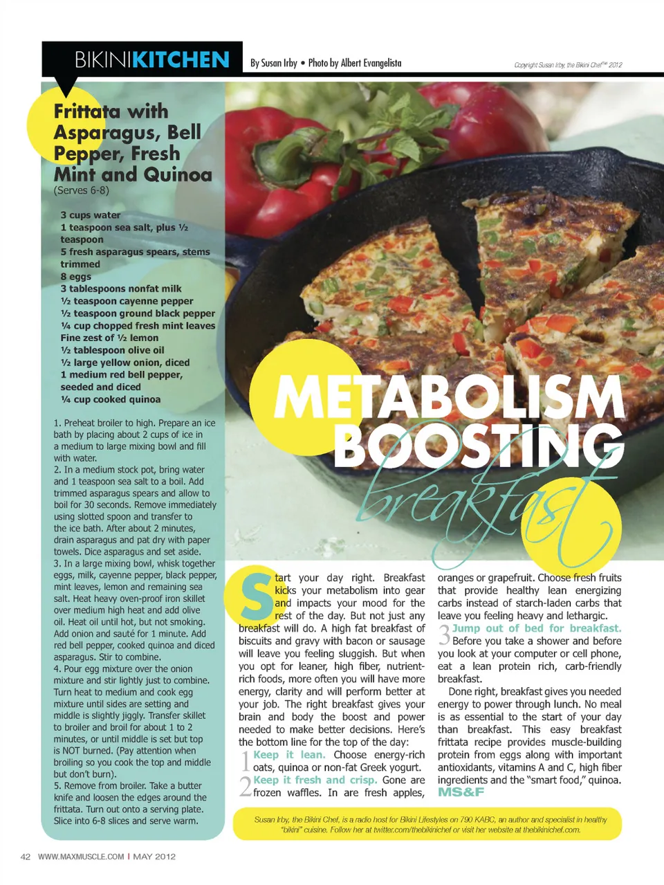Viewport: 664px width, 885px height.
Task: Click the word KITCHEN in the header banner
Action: pos(181,60)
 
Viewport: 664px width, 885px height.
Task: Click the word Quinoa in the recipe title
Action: pos(176,174)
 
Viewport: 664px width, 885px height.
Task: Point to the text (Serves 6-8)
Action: pos(81,190)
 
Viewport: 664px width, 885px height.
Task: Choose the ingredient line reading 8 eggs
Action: pos(76,277)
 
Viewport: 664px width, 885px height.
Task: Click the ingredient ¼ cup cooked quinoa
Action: pos(111,399)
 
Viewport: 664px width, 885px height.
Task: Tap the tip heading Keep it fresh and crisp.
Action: pos(315,780)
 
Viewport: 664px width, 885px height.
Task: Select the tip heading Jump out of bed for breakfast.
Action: pos(537,628)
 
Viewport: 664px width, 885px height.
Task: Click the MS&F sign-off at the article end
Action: pos(461,792)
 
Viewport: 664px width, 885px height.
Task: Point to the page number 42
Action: pos(26,857)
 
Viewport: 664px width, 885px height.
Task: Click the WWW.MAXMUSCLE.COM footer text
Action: pos(81,857)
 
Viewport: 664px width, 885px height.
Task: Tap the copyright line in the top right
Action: pos(568,65)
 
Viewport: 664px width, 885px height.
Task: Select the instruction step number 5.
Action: pos(57,786)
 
